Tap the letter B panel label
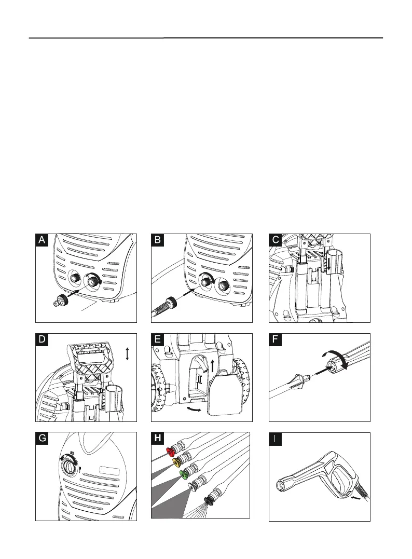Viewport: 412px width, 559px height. point(158,240)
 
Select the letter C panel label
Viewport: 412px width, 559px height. point(276,240)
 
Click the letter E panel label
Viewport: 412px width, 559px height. point(158,340)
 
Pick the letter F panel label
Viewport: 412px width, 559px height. point(276,340)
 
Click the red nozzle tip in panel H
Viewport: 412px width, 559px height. point(170,451)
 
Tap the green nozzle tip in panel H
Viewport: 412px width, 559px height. point(184,474)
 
